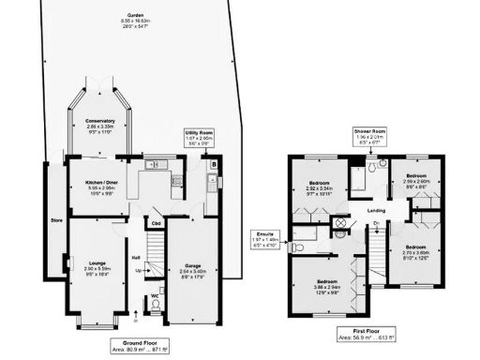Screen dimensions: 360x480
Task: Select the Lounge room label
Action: tap(97, 267)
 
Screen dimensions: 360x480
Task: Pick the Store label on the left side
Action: tap(54, 221)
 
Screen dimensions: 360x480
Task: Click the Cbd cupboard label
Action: tap(156, 224)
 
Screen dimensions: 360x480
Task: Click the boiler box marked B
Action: tap(216, 165)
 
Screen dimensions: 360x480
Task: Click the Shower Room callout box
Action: tap(368, 138)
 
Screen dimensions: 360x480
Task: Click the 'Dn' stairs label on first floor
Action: tap(374, 223)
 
